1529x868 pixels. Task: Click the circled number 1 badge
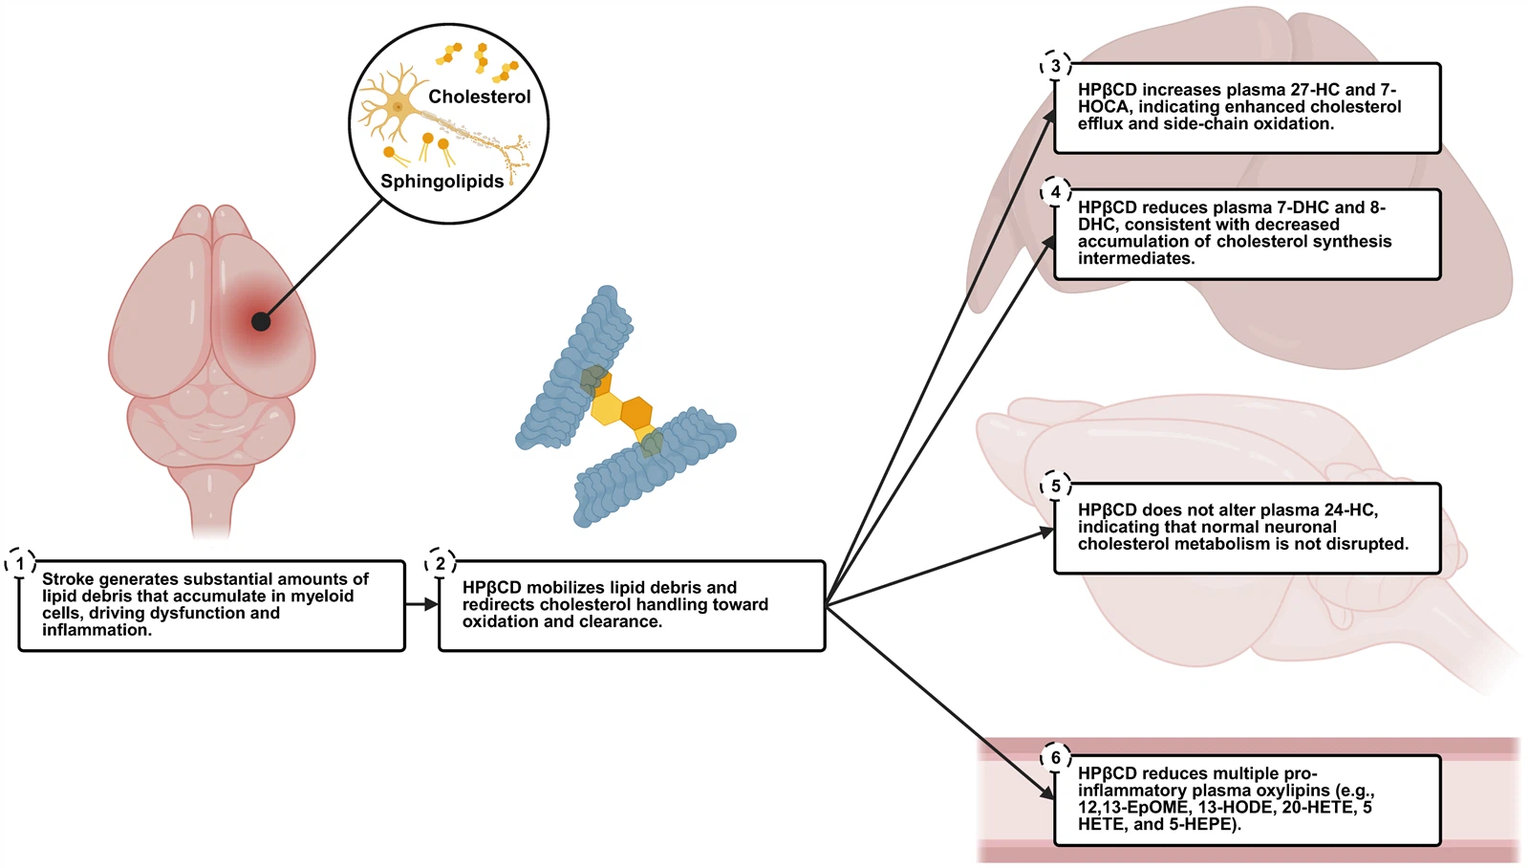pos(20,563)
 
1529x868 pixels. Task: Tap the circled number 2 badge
pos(440,563)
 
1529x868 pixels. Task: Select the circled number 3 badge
pos(1055,66)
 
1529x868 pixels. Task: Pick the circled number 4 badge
pos(1055,192)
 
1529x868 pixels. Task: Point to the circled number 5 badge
pos(1055,486)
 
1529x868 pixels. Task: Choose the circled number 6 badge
pos(1055,757)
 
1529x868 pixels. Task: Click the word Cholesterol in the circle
pos(479,97)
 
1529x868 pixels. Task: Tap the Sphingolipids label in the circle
pos(441,182)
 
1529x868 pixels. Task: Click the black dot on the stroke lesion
pos(261,321)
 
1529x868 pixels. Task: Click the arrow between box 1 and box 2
pos(421,604)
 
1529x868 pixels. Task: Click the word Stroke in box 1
pos(68,579)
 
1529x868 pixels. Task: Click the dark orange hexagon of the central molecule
pos(635,413)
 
